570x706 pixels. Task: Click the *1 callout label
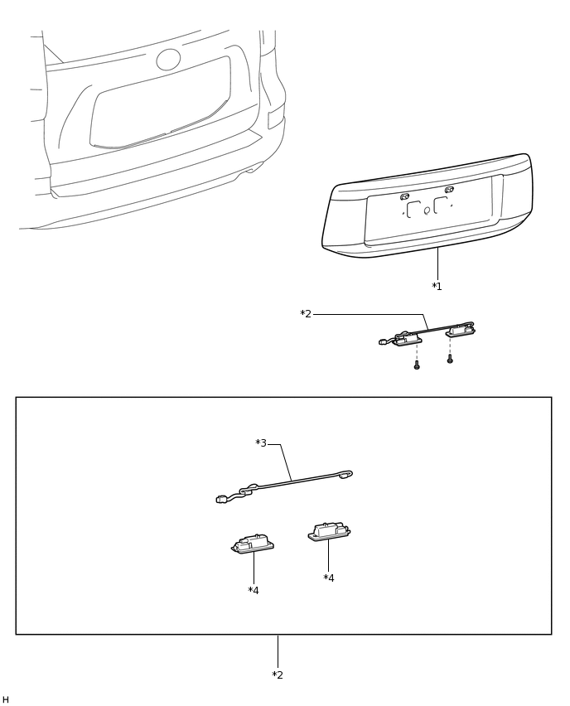pyautogui.click(x=437, y=287)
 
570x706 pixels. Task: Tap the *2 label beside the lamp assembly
pyautogui.click(x=306, y=314)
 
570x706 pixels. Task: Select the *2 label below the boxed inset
pyautogui.click(x=278, y=675)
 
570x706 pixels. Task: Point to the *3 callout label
pyautogui.click(x=261, y=443)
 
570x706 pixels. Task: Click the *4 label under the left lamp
pyautogui.click(x=254, y=590)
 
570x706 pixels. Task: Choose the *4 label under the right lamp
pyautogui.click(x=329, y=578)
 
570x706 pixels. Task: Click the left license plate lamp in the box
pyautogui.click(x=253, y=544)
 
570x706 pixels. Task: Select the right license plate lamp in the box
pyautogui.click(x=329, y=531)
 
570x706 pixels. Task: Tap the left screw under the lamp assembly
pyautogui.click(x=417, y=365)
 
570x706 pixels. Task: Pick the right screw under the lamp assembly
pyautogui.click(x=450, y=359)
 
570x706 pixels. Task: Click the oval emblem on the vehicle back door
pyautogui.click(x=168, y=60)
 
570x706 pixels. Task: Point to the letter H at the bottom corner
pyautogui.click(x=6, y=699)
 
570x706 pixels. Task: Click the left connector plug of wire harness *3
pyautogui.click(x=220, y=499)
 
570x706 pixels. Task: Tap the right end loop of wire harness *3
pyautogui.click(x=346, y=474)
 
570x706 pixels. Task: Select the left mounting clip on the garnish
pyautogui.click(x=405, y=196)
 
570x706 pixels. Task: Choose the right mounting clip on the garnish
pyautogui.click(x=449, y=190)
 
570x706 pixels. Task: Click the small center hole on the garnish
pyautogui.click(x=427, y=210)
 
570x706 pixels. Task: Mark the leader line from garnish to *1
pyautogui.click(x=437, y=264)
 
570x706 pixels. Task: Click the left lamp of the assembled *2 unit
pyautogui.click(x=407, y=339)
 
